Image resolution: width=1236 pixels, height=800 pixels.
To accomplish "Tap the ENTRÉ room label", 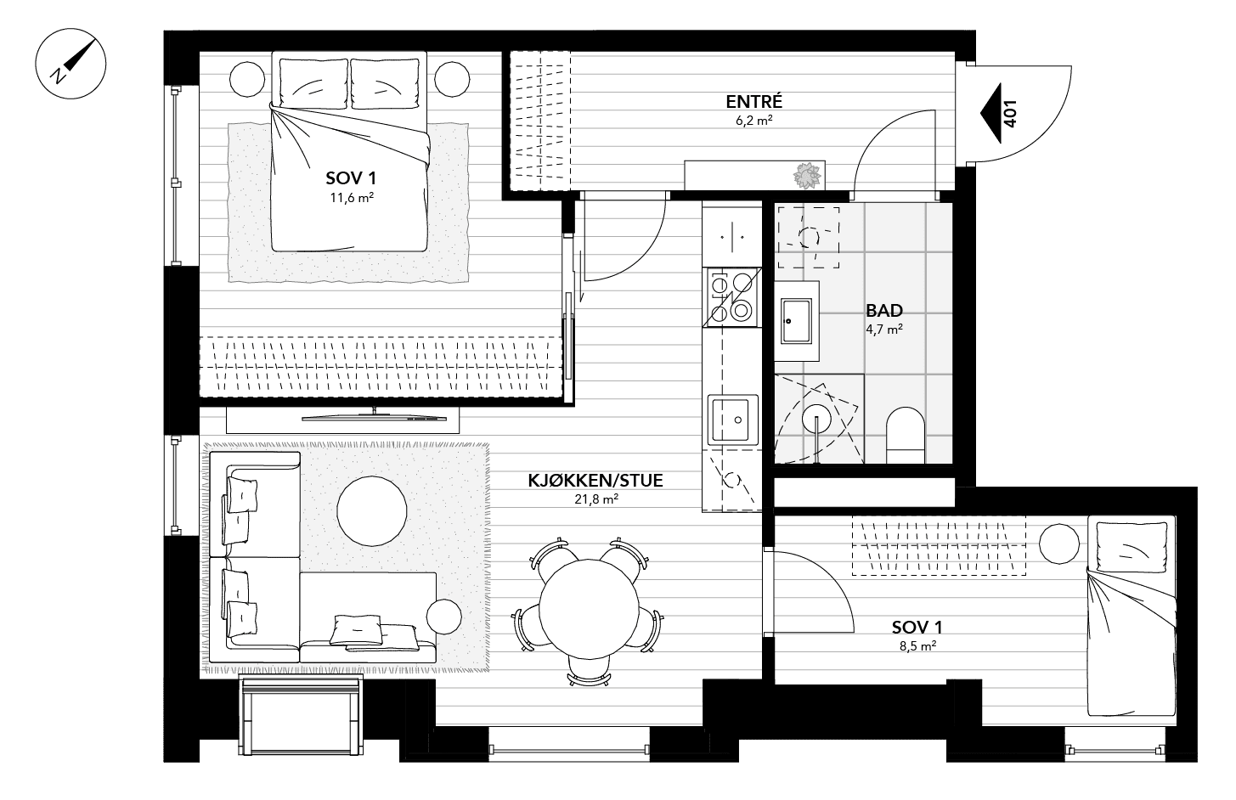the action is tap(753, 102).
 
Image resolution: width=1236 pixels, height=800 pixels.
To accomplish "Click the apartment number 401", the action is tap(1010, 112).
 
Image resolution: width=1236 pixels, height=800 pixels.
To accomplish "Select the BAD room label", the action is tap(883, 311).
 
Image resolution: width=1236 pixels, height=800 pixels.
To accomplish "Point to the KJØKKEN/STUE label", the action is tap(595, 481).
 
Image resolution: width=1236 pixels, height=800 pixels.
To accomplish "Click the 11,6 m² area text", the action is tap(352, 198).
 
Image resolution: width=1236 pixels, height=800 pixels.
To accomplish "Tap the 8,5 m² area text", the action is tap(917, 646).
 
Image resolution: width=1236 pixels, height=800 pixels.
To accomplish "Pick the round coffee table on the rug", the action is tap(371, 510).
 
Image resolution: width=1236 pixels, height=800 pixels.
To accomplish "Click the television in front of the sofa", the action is tap(374, 415).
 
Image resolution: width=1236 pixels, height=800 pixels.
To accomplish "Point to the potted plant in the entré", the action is tap(808, 176).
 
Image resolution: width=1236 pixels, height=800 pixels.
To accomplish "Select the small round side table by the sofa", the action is tap(444, 617).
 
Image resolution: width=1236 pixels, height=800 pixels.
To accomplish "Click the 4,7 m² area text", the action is tap(883, 330).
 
